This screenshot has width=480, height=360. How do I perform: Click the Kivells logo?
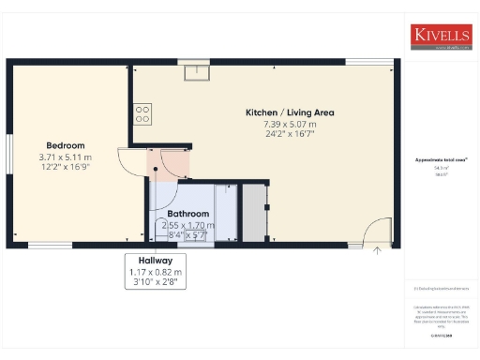pos(440,37)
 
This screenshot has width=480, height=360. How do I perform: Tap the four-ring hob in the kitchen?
pos(142,114)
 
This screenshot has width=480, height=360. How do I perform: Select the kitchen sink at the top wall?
pos(198,70)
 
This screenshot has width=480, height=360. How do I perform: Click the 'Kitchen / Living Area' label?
pos(290,112)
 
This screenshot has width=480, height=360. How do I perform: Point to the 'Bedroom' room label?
pos(67,145)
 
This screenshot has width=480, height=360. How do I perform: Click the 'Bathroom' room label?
pos(187,214)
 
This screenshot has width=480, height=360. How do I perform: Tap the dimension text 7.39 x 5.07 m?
pos(290,124)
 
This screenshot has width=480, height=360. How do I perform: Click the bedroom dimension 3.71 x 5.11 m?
pos(67,157)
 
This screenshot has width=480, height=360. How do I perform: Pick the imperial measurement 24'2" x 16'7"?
pos(290,134)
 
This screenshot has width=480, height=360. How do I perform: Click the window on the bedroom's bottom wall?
pos(43,246)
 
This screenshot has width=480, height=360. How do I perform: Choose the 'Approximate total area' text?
pos(434,161)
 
